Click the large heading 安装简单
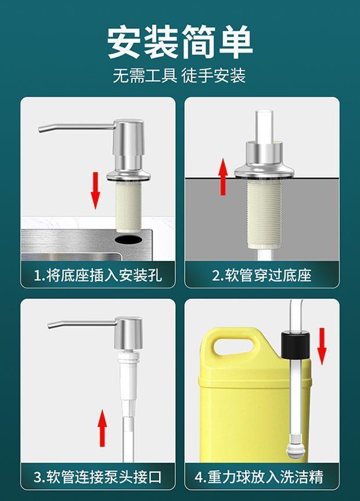[180, 42]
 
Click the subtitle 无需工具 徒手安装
[179, 75]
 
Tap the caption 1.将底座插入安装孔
[98, 275]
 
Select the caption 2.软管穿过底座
[262, 275]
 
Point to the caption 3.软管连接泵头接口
[98, 477]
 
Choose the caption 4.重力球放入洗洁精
[259, 477]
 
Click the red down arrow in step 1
[95, 190]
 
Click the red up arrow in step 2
[223, 176]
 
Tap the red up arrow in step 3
[102, 428]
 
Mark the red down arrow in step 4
[322, 347]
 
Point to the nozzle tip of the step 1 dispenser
[40, 129]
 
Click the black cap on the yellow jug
[295, 345]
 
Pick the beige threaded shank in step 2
[264, 213]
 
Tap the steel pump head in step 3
[128, 333]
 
